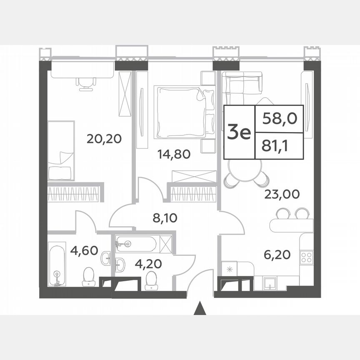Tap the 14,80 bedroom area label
174,155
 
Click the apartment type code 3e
239,132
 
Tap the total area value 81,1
279,146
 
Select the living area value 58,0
279,119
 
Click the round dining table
246,169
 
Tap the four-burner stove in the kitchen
307,257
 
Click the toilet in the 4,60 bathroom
88,277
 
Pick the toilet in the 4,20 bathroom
151,280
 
